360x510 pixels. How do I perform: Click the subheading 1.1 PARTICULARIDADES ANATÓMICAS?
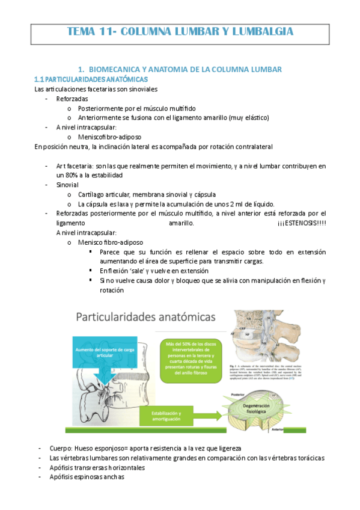pos(91,79)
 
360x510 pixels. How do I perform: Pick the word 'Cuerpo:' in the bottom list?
pos(64,448)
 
